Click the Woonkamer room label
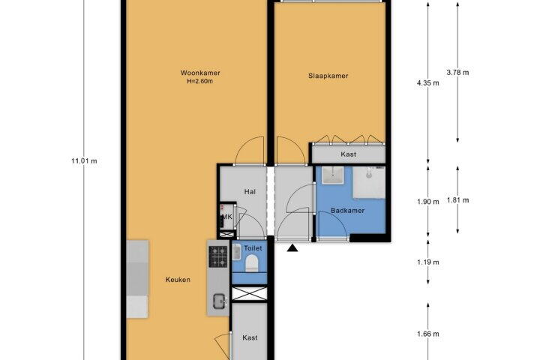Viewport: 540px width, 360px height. coord(200,73)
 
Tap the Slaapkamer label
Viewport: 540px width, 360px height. coord(328,76)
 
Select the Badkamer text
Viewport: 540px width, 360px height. coord(347,211)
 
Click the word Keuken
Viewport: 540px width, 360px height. coord(178,280)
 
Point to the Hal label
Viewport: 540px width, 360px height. coord(250,191)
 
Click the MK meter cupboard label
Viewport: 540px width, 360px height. coord(227,217)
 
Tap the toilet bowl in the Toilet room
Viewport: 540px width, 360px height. coord(252,262)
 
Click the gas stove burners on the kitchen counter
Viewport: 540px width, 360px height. coord(218,256)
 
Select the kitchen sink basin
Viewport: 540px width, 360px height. coord(219,301)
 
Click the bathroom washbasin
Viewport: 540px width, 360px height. coord(333,175)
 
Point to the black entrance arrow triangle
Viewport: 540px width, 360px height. coord(292,247)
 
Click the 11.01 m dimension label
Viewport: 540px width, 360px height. coord(84,161)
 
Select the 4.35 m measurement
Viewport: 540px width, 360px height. coord(428,83)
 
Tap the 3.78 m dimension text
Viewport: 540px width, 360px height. coord(457,73)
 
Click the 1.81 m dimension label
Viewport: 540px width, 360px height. coord(457,200)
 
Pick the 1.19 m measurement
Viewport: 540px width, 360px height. coord(428,262)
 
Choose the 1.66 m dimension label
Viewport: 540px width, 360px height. coord(428,334)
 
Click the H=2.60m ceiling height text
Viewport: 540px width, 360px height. coord(199,82)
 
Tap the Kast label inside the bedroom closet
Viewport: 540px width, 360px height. coord(349,154)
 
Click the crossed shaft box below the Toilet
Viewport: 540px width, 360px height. coord(249,293)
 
